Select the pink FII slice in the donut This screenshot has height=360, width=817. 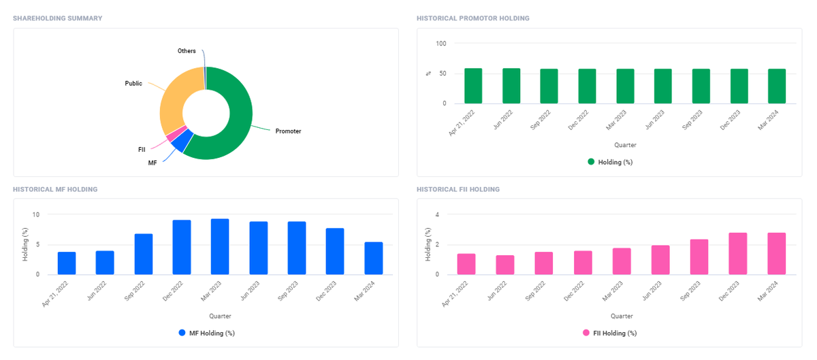tap(176, 134)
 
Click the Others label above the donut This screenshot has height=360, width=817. tap(187, 51)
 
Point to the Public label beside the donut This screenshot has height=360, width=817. tap(133, 84)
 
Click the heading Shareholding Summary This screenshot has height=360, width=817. tap(58, 18)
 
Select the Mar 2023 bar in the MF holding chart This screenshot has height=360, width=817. tap(220, 246)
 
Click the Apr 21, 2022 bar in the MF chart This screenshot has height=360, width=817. tap(67, 263)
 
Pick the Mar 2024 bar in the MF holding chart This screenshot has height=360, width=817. tap(374, 258)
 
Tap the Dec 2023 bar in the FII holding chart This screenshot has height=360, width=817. tap(738, 253)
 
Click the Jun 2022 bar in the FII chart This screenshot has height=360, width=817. tap(504, 265)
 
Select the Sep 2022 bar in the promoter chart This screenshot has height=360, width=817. tap(549, 86)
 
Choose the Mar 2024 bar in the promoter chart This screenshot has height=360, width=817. tap(777, 86)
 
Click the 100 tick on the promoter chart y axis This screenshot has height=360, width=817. tap(441, 44)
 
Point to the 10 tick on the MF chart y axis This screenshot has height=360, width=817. tap(35, 214)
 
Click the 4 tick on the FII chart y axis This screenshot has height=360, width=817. tap(437, 214)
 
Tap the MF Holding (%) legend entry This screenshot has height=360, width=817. tap(207, 333)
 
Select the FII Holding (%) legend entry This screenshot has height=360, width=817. tap(610, 333)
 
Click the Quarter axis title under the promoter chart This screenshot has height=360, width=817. tap(625, 145)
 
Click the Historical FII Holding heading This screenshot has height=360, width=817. tap(458, 189)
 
